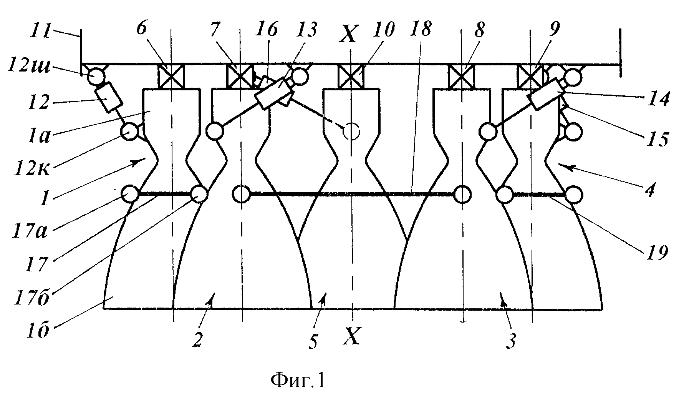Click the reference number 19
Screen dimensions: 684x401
coord(657,253)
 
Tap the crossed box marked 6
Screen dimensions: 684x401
coord(171,76)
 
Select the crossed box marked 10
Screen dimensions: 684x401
coord(351,76)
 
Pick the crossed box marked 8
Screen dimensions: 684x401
coord(462,76)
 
